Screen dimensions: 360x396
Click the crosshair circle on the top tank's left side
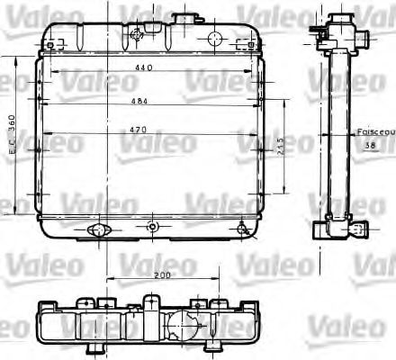tap(136, 36)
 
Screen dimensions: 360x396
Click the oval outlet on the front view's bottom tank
tap(96, 232)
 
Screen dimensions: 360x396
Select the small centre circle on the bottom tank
tap(153, 225)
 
